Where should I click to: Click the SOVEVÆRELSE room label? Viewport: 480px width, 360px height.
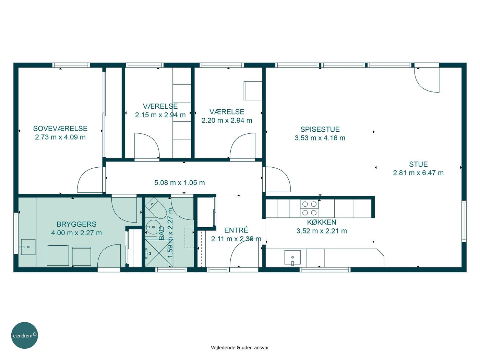[x=60, y=129]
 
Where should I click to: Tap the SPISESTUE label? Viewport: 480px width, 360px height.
[x=320, y=129]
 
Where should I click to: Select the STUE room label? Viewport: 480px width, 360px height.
[x=418, y=164]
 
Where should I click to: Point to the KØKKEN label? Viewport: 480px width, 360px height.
[x=322, y=222]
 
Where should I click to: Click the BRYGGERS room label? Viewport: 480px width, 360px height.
[x=76, y=224]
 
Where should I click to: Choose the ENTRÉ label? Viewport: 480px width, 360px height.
[x=236, y=230]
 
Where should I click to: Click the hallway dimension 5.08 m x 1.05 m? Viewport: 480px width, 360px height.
[x=180, y=183]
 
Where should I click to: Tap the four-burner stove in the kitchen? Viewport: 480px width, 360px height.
[x=309, y=208]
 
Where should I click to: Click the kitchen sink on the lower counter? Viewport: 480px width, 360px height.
[x=292, y=258]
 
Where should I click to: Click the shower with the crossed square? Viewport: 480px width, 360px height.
[x=159, y=253]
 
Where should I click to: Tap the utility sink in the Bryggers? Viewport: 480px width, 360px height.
[x=28, y=247]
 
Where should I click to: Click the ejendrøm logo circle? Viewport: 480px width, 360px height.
[x=24, y=335]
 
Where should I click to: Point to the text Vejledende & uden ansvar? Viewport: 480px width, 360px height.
[x=240, y=348]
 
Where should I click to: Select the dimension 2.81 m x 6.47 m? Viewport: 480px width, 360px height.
[x=418, y=173]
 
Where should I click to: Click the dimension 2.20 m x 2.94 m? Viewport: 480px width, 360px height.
[x=227, y=120]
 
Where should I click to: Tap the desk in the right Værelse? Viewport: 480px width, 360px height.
[x=253, y=91]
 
